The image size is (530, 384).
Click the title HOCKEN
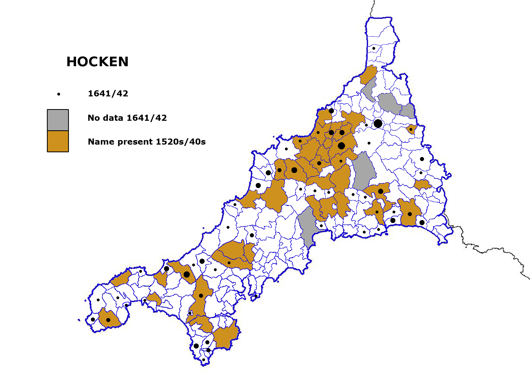(97, 62)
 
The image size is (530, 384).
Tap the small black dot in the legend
(59, 94)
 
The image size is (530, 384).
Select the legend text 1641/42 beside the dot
(108, 93)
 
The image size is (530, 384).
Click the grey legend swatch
(58, 120)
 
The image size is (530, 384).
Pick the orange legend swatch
(58, 141)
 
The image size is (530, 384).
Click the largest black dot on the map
(378, 123)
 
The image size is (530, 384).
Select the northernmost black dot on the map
(374, 48)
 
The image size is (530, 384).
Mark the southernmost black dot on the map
(204, 360)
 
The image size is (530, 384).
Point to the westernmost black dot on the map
(93, 319)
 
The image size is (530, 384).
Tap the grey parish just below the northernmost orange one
(369, 89)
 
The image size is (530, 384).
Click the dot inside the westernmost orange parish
(108, 320)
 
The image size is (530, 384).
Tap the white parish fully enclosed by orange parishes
(326, 171)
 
